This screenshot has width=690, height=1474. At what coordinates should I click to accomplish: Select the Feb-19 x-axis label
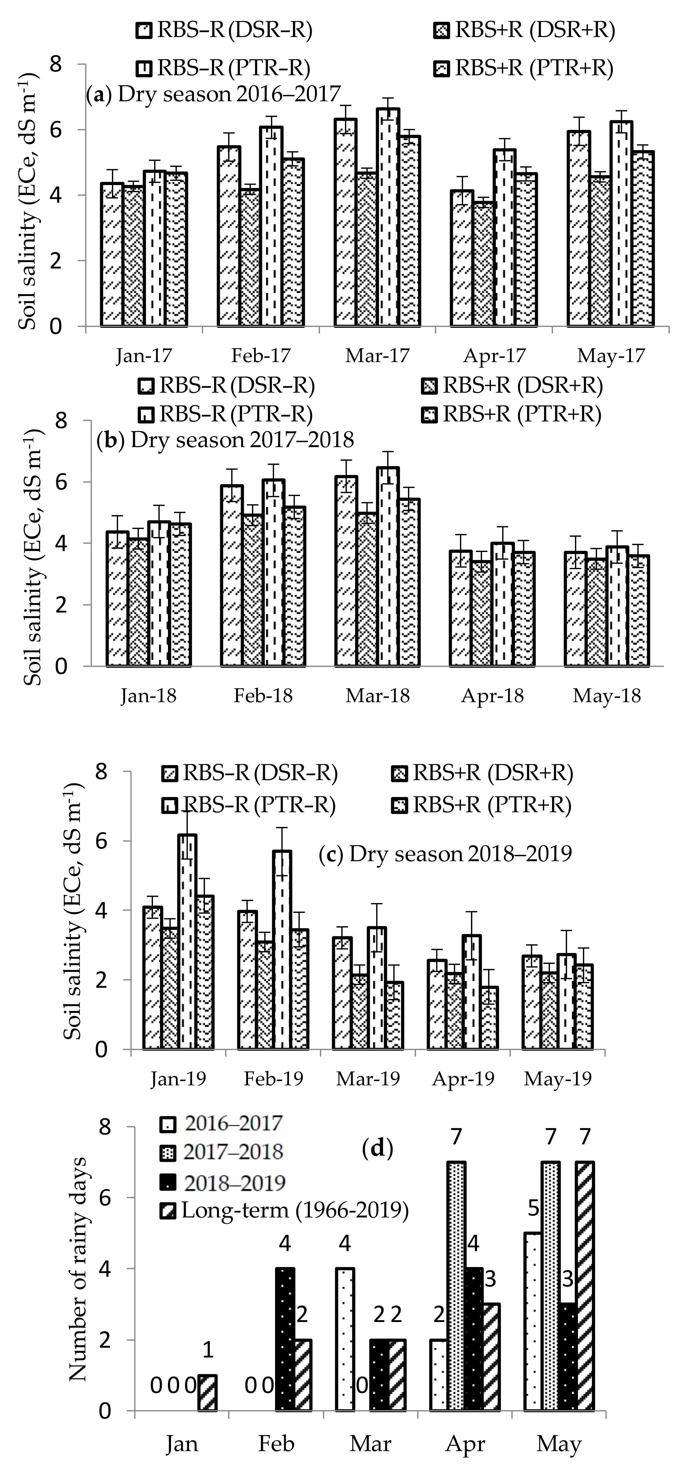tap(273, 1079)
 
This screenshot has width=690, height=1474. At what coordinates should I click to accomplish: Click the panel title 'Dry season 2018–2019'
tap(445, 854)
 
